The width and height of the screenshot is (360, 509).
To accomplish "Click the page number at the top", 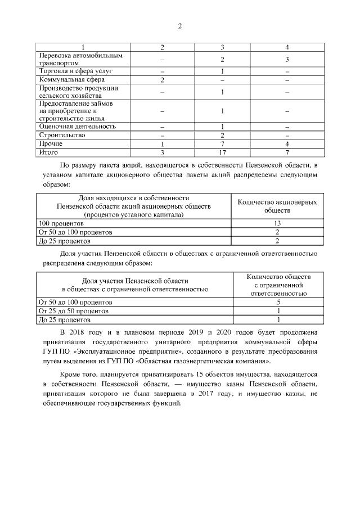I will [x=179, y=25].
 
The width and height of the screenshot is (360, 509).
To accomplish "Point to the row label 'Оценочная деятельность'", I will [x=76, y=127].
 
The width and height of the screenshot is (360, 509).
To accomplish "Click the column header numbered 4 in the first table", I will [x=287, y=47].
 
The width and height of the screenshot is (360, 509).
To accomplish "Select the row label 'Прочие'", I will [x=51, y=144].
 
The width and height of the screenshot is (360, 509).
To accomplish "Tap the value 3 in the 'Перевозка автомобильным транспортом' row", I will [x=287, y=60].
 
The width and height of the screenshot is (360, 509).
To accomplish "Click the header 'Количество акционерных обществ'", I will [x=277, y=206].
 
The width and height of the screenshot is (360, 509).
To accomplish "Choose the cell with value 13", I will [x=277, y=223].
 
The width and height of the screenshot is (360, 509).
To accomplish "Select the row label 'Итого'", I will [x=49, y=152].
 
